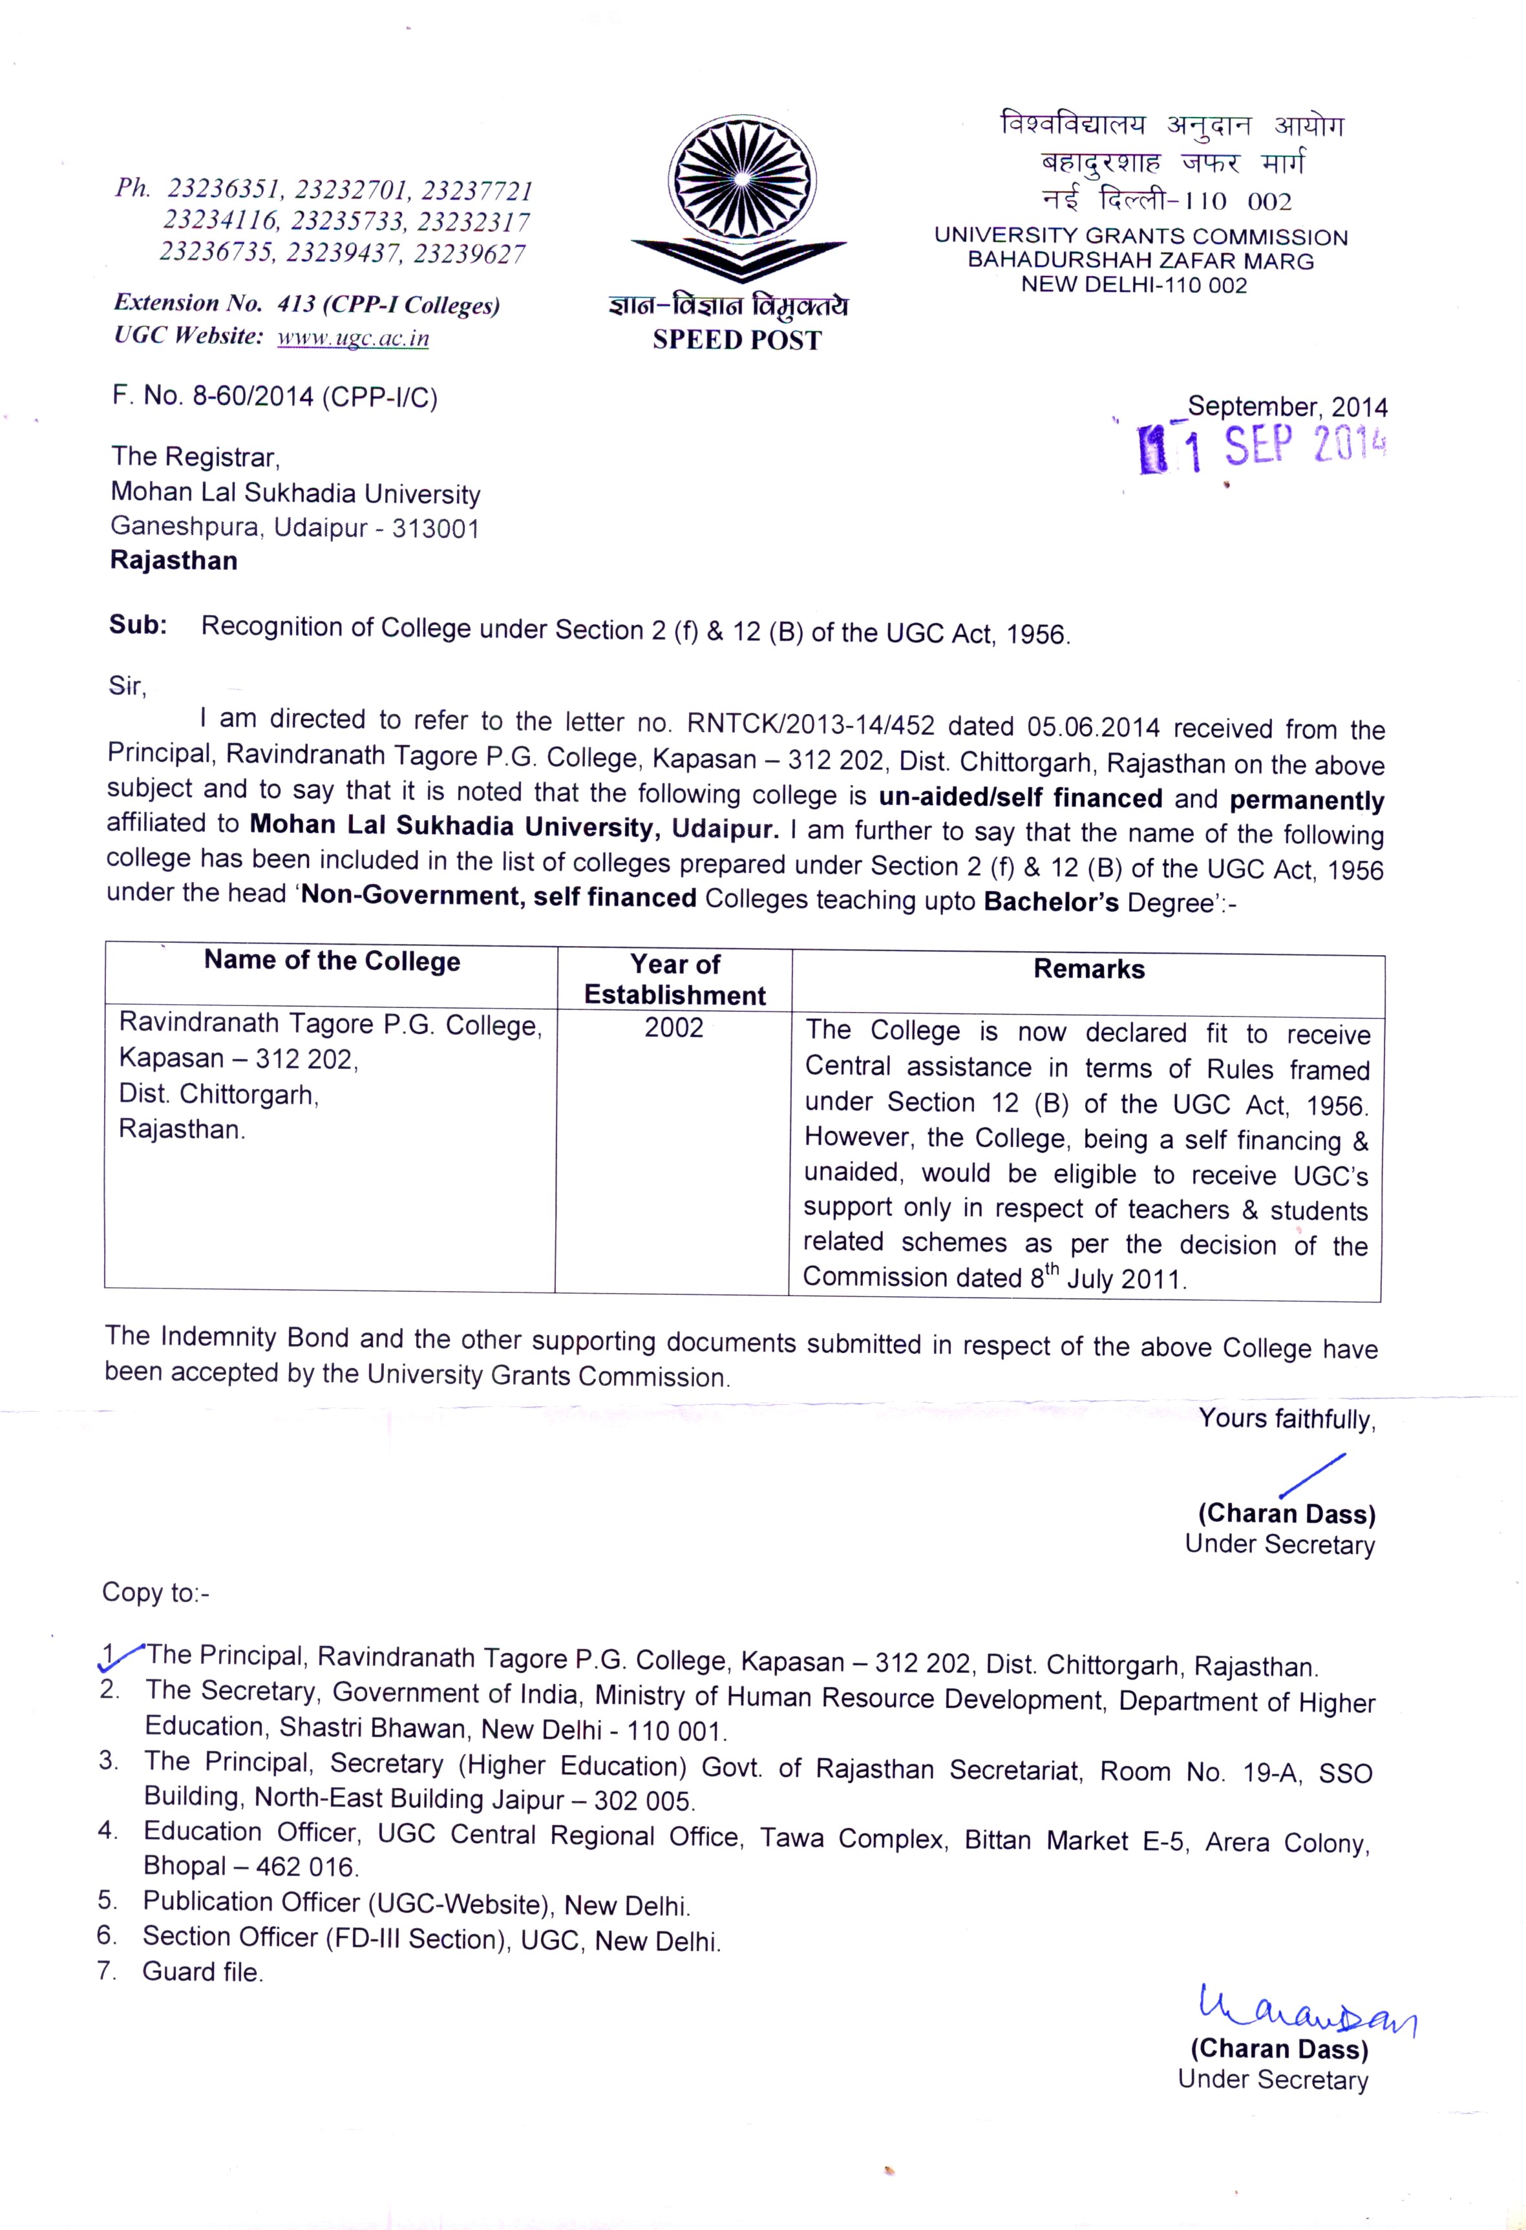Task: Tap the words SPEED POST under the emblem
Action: (x=737, y=341)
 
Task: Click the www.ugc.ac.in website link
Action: (x=352, y=338)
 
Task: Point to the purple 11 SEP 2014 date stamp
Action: (x=1262, y=448)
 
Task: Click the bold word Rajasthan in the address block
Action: (x=174, y=560)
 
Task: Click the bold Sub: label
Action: (x=138, y=625)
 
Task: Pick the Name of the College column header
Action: (x=332, y=962)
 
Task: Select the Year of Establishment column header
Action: (x=675, y=980)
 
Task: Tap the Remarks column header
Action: (x=1088, y=969)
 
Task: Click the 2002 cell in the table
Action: (x=673, y=1027)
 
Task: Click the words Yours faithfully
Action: (x=1286, y=1419)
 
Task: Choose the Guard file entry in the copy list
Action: (x=202, y=1972)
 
